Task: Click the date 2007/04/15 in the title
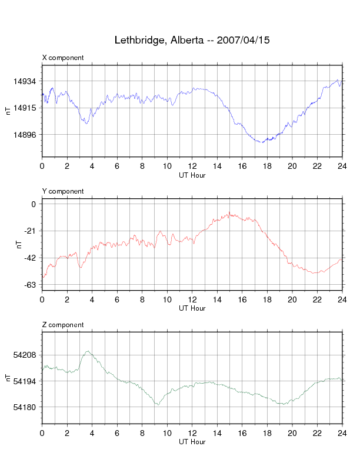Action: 243,41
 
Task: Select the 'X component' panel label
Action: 63,58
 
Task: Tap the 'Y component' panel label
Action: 63,191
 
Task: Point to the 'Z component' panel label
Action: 63,325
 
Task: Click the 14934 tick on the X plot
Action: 26,81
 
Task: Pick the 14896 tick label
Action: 26,135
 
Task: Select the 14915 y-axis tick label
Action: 26,108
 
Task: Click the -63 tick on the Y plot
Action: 30,285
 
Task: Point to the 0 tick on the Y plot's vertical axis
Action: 34,205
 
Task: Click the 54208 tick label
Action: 26,355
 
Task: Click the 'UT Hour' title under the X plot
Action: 192,175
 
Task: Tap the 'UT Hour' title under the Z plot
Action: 192,442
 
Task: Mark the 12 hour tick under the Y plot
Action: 192,299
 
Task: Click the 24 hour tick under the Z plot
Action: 342,433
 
